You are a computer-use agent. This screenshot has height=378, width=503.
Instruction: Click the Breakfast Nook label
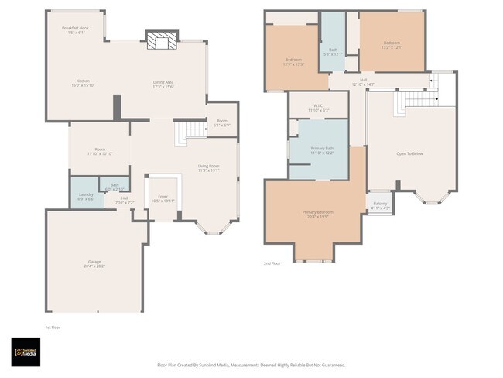(x=75, y=30)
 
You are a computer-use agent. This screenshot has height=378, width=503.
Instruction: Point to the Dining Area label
(x=163, y=83)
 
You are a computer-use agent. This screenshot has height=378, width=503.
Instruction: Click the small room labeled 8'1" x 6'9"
(x=222, y=122)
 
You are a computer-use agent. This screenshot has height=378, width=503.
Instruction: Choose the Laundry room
(x=85, y=197)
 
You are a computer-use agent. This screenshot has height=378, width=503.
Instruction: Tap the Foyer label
(x=163, y=198)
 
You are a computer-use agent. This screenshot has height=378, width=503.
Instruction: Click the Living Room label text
(x=209, y=168)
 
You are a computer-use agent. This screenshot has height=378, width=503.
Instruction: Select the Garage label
(x=94, y=263)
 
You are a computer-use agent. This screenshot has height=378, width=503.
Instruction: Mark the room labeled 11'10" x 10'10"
(x=100, y=151)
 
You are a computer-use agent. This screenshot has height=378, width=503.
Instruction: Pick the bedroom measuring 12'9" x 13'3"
(x=293, y=61)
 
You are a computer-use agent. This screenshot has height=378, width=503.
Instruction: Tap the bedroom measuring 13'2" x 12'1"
(x=392, y=45)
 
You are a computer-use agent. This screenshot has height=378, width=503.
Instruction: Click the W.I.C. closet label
(x=318, y=108)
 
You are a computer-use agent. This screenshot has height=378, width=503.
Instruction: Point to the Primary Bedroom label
(x=317, y=214)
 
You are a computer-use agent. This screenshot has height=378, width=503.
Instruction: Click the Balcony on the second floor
(x=380, y=206)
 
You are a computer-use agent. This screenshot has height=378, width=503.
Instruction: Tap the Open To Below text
(x=409, y=153)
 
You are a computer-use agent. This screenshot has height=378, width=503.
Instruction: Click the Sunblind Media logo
(x=26, y=351)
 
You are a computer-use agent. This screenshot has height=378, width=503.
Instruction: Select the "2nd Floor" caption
(x=272, y=264)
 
